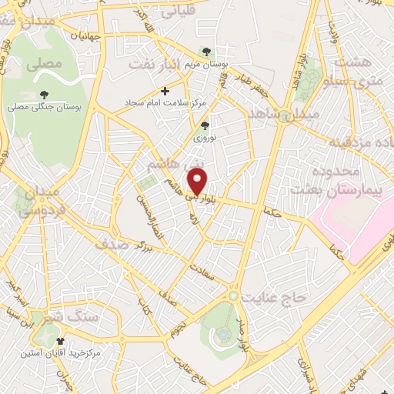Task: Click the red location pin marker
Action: point(198,182)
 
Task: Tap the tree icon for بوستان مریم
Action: point(205,52)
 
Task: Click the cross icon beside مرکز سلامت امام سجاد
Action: point(165,91)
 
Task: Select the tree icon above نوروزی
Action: point(205,125)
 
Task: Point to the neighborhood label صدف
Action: point(110,245)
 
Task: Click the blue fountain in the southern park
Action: point(223,335)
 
